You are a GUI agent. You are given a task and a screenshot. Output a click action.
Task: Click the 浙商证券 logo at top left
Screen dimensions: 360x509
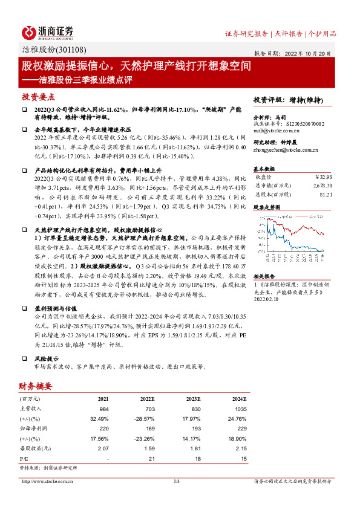tap(48, 32)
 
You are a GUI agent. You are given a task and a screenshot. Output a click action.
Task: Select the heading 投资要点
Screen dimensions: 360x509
tap(38, 97)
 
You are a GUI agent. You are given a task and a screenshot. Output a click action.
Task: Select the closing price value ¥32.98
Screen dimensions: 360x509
tap(324, 177)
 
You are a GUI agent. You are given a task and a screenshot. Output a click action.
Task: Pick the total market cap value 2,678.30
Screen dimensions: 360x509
tap(321, 186)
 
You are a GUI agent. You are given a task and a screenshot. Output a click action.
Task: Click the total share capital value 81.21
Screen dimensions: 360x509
tap(327, 194)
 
